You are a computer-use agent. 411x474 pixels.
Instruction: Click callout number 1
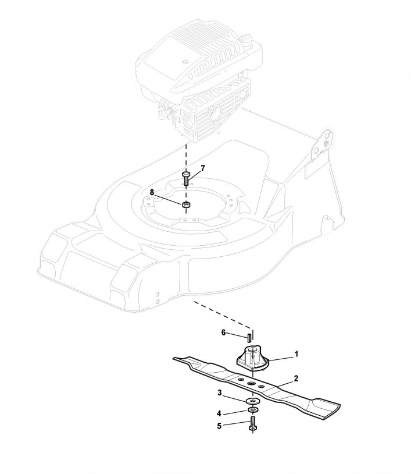pos(296,353)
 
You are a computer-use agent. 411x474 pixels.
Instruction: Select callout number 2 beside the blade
pos(296,379)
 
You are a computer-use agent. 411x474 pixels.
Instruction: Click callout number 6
pos(223,332)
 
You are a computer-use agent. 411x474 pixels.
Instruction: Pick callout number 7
pos(203,168)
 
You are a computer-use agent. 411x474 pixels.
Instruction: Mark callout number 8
pos(152,192)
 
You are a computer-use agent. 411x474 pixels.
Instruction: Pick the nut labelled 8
pos(186,204)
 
